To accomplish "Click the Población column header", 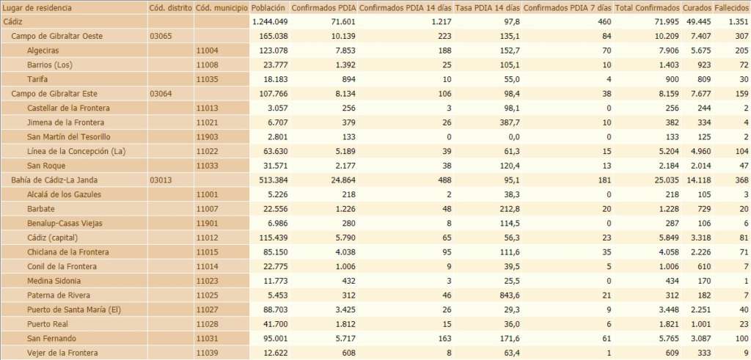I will pyautogui.click(x=268, y=7).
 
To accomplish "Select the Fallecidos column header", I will pyautogui.click(x=731, y=7).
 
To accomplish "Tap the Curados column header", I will pyautogui.click(x=695, y=7).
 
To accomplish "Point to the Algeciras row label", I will pyautogui.click(x=44, y=51).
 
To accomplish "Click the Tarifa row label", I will pyautogui.click(x=37, y=79).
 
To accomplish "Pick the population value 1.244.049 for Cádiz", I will pyautogui.click(x=269, y=22).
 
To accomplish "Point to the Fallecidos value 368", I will pyautogui.click(x=741, y=180).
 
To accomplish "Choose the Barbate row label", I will pyautogui.click(x=41, y=209).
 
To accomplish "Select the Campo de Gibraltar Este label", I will pyautogui.click(x=54, y=94).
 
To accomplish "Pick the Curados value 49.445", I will pyautogui.click(x=697, y=22).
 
